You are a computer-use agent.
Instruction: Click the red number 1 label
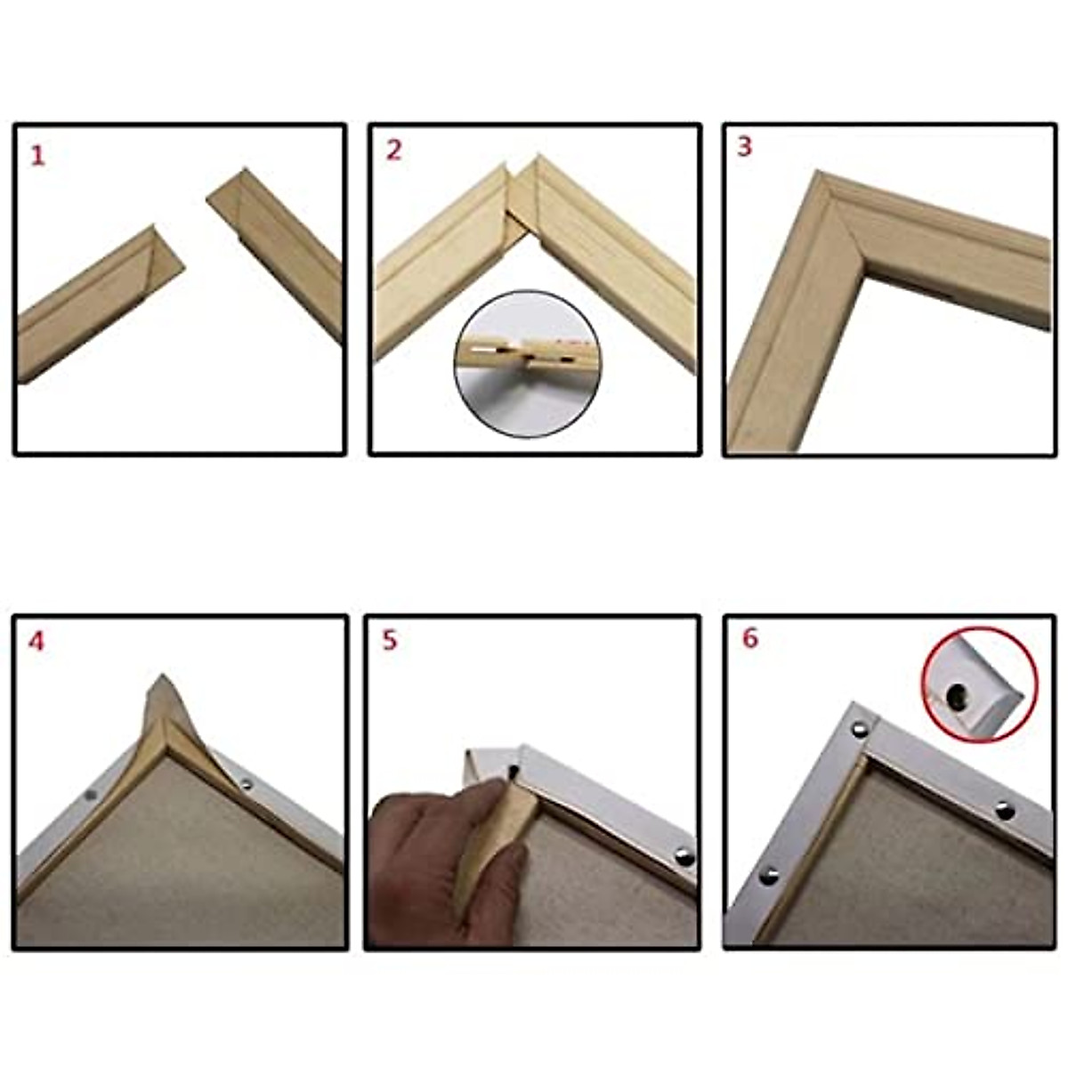click(37, 156)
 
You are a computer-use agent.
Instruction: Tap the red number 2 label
click(393, 150)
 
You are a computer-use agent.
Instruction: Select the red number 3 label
click(744, 147)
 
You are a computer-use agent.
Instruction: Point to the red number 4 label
click(36, 642)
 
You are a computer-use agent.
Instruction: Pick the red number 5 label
click(390, 640)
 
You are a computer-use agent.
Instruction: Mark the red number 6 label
click(749, 638)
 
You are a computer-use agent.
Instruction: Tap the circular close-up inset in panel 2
click(527, 364)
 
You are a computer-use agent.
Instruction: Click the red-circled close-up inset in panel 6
click(979, 685)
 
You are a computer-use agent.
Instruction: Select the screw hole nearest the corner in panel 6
click(860, 728)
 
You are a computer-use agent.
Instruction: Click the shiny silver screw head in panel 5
click(684, 857)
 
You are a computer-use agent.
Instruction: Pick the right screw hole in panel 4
click(247, 784)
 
